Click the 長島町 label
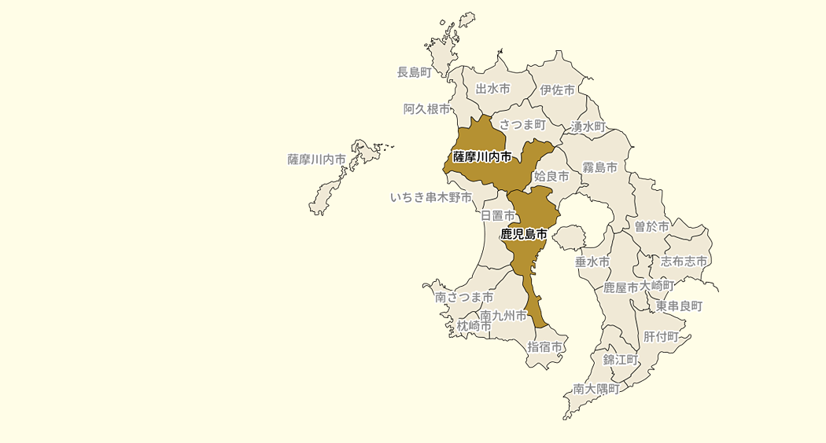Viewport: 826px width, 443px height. (x=415, y=72)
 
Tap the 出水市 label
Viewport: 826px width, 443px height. (x=493, y=90)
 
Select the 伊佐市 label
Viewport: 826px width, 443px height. (x=558, y=90)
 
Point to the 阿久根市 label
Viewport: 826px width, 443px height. (x=426, y=109)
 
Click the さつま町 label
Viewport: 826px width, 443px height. (x=522, y=124)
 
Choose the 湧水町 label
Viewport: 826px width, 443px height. (x=588, y=126)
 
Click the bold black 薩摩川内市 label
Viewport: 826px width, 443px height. (x=482, y=157)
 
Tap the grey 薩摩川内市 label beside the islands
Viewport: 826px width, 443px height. (x=316, y=159)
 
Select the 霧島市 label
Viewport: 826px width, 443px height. (x=599, y=167)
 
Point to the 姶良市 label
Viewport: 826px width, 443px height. (x=551, y=177)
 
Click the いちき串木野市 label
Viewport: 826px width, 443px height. (x=431, y=197)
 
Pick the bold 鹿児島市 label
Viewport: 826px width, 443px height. (x=523, y=234)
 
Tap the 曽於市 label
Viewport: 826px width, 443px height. (x=652, y=226)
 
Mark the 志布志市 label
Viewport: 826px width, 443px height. (x=684, y=261)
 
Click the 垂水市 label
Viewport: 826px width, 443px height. (x=592, y=262)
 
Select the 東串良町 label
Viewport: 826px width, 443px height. (x=679, y=306)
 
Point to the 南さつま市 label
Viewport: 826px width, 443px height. (x=464, y=298)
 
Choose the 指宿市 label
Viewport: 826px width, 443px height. (x=545, y=346)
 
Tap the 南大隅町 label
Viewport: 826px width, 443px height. (x=596, y=388)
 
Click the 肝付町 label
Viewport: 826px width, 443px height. (x=661, y=336)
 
